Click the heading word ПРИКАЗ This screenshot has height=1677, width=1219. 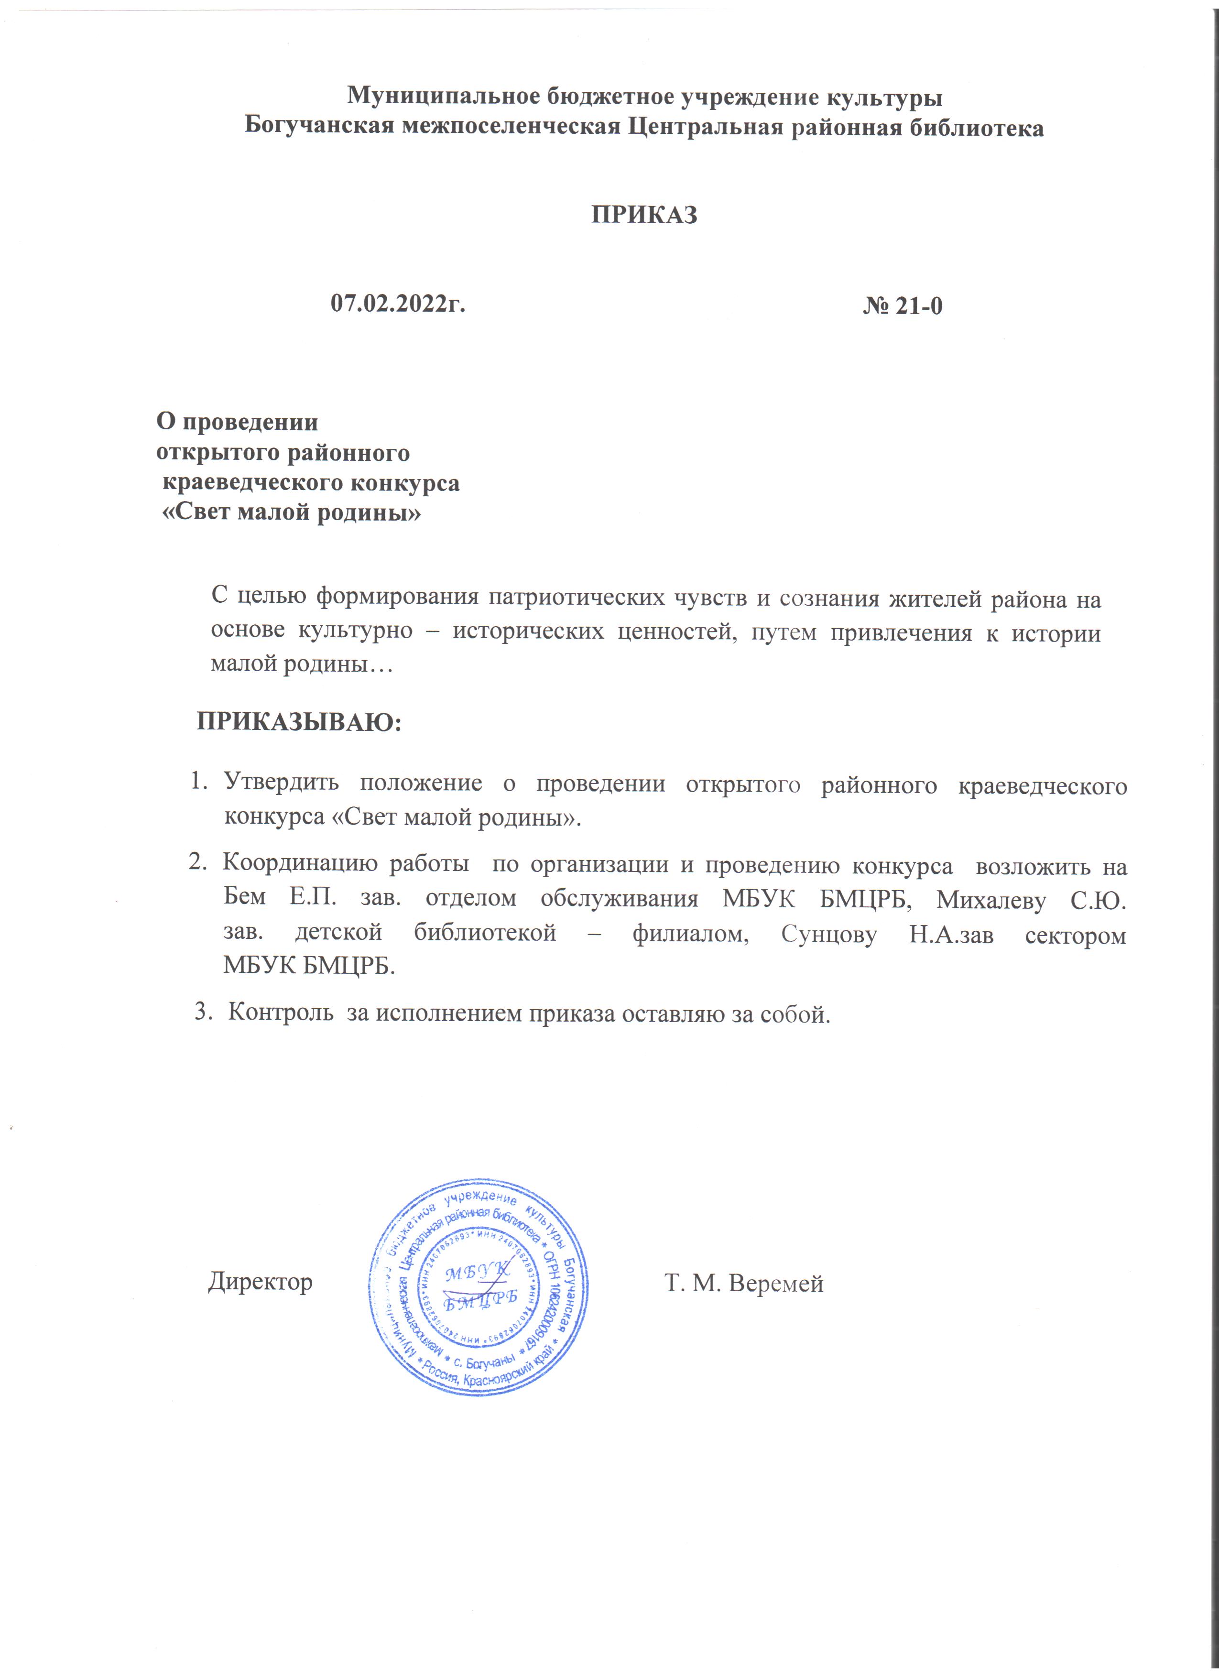(644, 215)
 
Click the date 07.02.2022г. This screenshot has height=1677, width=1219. (398, 303)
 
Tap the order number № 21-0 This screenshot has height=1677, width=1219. (902, 305)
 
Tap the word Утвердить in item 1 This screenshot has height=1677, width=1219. (281, 783)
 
